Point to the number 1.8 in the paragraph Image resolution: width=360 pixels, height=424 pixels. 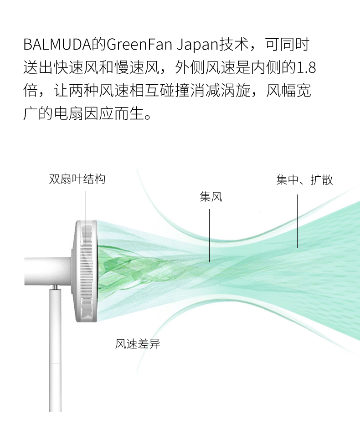click(x=306, y=68)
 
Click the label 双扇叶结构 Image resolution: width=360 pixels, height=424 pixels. click(x=77, y=179)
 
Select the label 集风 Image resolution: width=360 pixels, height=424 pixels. click(x=211, y=197)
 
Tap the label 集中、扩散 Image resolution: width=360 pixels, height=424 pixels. click(x=304, y=180)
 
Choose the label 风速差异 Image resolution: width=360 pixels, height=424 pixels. click(x=138, y=344)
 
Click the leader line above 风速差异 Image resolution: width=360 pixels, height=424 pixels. click(x=136, y=305)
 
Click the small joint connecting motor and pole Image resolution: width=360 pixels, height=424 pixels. click(x=55, y=288)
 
